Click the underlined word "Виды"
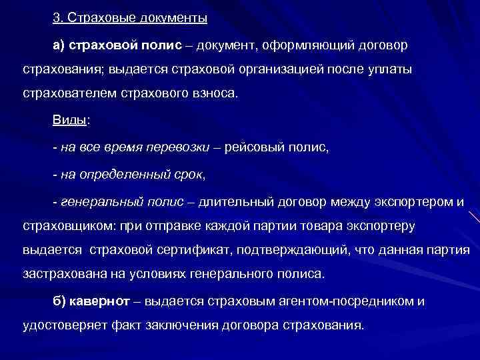[69, 121]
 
